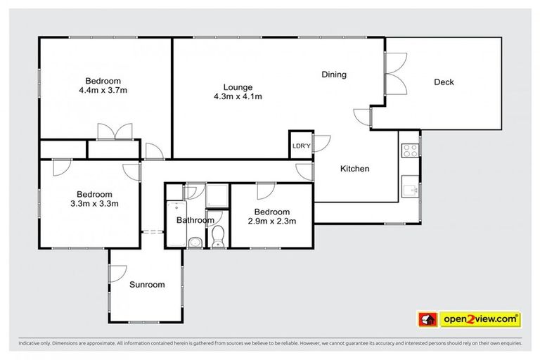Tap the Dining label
pyautogui.click(x=334, y=75)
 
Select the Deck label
pyautogui.click(x=444, y=82)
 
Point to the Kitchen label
pyautogui.click(x=354, y=169)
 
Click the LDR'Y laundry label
pyautogui.click(x=300, y=146)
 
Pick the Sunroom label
pyautogui.click(x=147, y=285)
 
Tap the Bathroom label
pyautogui.click(x=195, y=220)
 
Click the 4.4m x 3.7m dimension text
pyautogui.click(x=103, y=90)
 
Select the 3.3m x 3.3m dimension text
pyautogui.click(x=94, y=205)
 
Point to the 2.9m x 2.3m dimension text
pyautogui.click(x=271, y=221)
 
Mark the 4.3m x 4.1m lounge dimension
pyautogui.click(x=238, y=97)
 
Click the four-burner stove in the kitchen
pyautogui.click(x=409, y=149)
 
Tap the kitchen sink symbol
pyautogui.click(x=409, y=186)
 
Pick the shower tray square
pyautogui.click(x=216, y=195)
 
